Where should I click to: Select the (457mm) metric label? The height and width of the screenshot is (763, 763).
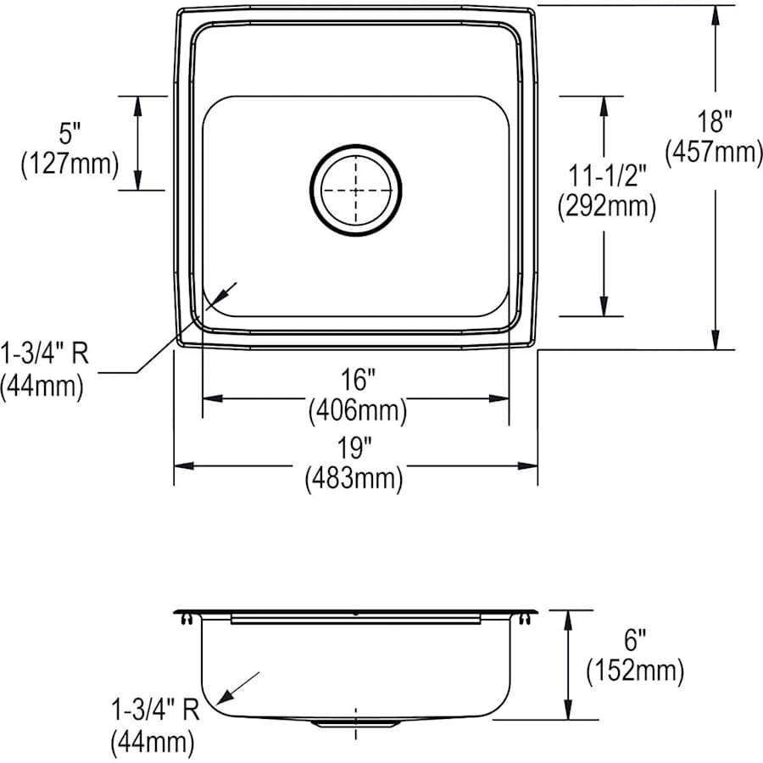click(x=716, y=152)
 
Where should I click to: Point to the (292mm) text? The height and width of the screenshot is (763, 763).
click(x=605, y=206)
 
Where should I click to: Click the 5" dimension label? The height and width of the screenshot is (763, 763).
click(x=70, y=133)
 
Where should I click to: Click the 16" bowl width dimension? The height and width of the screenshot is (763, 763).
click(x=356, y=379)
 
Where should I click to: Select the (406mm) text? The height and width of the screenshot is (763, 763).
click(x=356, y=410)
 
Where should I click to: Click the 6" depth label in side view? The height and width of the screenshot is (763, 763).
click(x=635, y=641)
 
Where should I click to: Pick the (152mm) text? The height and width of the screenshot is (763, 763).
click(x=635, y=671)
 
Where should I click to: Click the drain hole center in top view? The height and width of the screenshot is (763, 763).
click(x=355, y=189)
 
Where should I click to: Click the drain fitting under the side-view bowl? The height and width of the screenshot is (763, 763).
click(x=355, y=723)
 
